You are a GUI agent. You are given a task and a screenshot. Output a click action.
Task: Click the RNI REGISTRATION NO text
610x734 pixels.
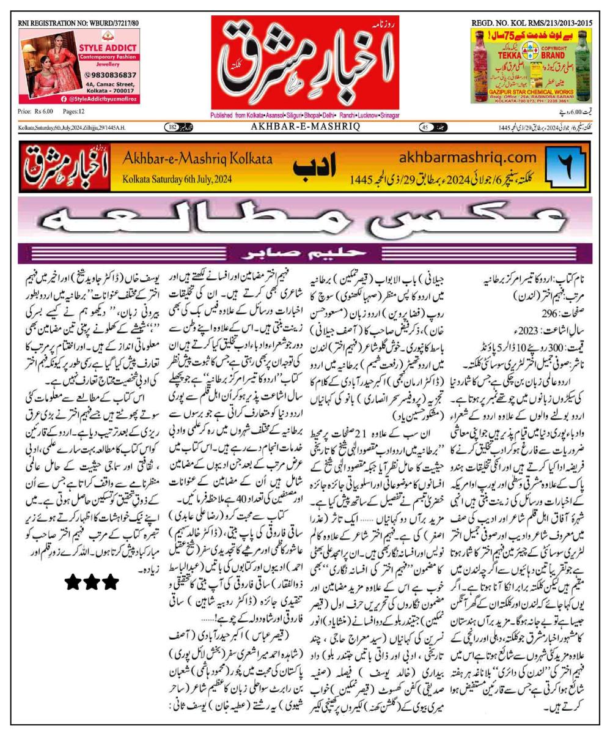(x=78, y=23)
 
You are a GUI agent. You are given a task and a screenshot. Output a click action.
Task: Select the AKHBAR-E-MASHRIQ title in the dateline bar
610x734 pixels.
(x=304, y=127)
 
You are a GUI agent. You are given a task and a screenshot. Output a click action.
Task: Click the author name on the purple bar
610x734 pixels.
(x=304, y=252)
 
